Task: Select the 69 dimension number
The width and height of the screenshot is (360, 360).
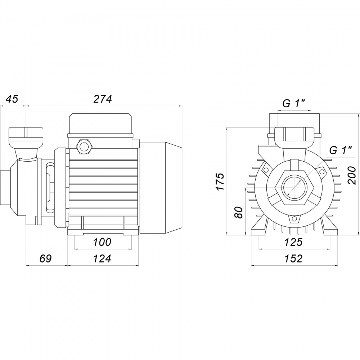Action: tap(45, 258)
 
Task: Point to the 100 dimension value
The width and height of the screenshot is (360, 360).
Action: tap(102, 242)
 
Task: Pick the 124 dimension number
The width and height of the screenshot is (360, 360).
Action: tap(102, 258)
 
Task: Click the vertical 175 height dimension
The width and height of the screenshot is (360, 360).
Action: tap(220, 181)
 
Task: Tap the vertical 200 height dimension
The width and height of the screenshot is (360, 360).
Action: tap(351, 175)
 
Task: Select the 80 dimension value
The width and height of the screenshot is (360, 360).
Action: tap(239, 213)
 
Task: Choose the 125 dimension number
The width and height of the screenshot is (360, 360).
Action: tap(293, 242)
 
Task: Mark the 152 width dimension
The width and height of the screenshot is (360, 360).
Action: tap(293, 258)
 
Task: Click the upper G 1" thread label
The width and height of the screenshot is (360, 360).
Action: tap(294, 104)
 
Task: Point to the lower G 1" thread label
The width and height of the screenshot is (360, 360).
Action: tap(341, 150)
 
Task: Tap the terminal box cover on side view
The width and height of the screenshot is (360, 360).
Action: tap(100, 123)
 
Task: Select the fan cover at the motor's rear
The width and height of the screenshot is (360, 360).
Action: tap(161, 188)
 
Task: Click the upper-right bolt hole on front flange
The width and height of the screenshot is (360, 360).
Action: tap(322, 171)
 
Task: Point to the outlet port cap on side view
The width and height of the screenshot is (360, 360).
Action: tap(26, 137)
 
